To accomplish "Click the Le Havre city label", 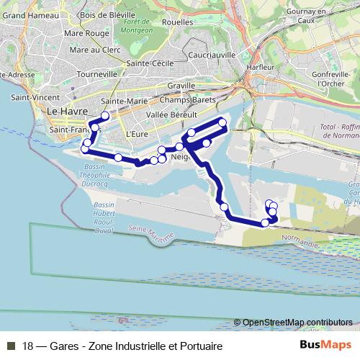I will pyautogui.click(x=66, y=112).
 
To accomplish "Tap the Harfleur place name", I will pyautogui.click(x=260, y=68).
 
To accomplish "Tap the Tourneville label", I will pyautogui.click(x=96, y=74).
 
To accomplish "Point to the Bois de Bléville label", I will pyautogui.click(x=107, y=14).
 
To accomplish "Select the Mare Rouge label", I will pyautogui.click(x=89, y=32).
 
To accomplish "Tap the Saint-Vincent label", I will pyautogui.click(x=30, y=97).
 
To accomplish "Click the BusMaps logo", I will pyautogui.click(x=325, y=345).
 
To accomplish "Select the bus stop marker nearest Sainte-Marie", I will pyautogui.click(x=105, y=115).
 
